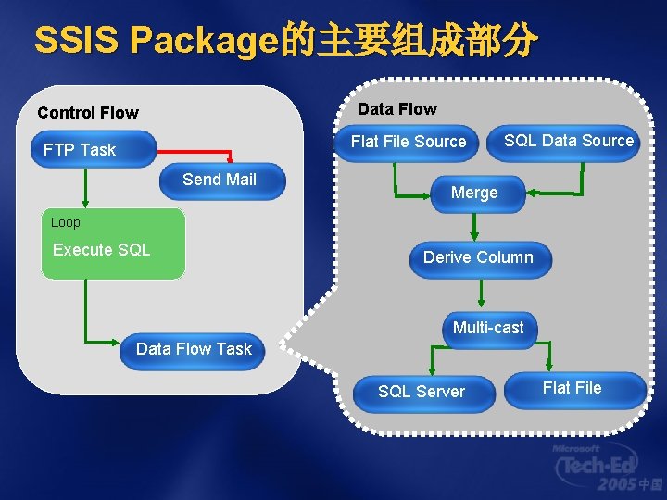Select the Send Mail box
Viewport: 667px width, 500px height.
click(220, 181)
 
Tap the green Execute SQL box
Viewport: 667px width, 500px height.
click(113, 250)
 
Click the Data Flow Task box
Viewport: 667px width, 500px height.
click(194, 349)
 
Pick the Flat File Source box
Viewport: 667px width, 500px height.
click(409, 142)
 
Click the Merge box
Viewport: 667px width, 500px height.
click(474, 193)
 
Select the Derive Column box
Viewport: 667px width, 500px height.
click(478, 257)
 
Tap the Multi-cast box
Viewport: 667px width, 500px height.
click(488, 328)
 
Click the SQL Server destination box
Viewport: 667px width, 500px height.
click(422, 392)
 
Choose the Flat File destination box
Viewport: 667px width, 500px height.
click(573, 388)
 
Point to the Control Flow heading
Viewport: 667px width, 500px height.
click(88, 113)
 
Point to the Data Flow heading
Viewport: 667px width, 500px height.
click(396, 109)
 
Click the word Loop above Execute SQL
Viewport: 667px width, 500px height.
click(66, 222)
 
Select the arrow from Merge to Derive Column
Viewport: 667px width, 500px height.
click(474, 227)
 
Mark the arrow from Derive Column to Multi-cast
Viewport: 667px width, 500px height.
click(481, 294)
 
